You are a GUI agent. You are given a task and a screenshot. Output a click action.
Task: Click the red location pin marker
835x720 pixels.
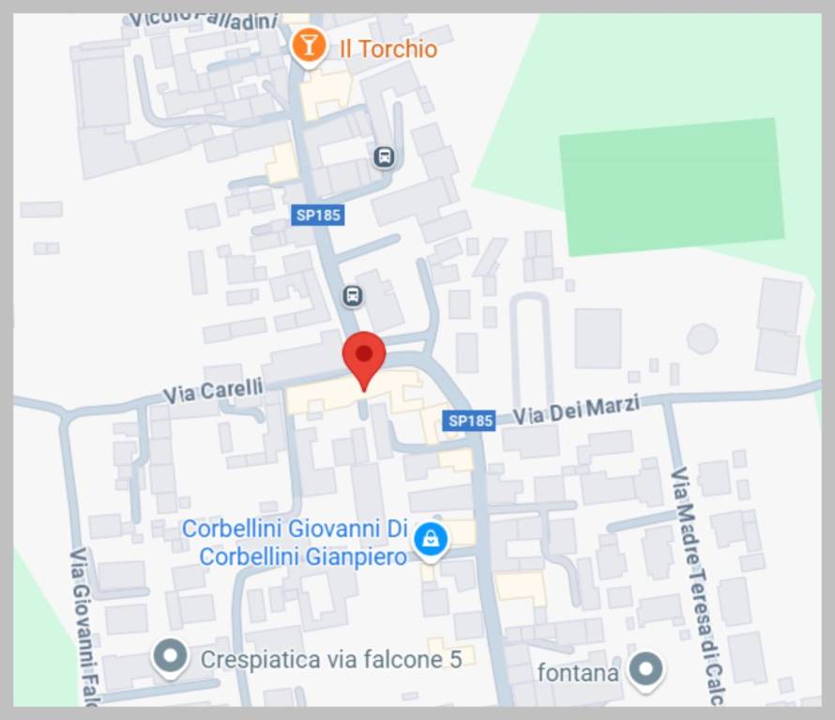(x=364, y=356)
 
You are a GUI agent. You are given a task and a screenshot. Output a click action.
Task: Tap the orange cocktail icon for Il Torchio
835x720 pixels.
(x=308, y=45)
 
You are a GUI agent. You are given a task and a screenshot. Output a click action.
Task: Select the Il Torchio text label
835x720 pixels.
(x=388, y=49)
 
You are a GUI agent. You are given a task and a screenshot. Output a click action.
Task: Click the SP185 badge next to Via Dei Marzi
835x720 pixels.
(x=470, y=421)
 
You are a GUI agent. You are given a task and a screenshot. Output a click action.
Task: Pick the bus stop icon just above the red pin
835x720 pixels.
(x=352, y=296)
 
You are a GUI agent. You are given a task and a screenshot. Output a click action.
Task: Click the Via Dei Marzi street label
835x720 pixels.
(x=576, y=411)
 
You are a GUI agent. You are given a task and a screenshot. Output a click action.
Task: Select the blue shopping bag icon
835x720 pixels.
(x=430, y=538)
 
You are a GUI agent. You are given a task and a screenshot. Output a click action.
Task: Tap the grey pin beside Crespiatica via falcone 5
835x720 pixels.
(x=170, y=658)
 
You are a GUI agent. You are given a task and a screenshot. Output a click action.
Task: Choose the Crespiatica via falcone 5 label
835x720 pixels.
(x=331, y=659)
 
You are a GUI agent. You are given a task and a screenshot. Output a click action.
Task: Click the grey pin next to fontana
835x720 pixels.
(x=645, y=670)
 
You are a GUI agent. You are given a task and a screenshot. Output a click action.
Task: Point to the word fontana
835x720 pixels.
(x=578, y=672)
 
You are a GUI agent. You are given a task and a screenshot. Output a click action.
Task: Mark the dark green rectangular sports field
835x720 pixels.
(x=672, y=187)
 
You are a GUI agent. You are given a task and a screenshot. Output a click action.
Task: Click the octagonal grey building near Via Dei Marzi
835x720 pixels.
(x=702, y=338)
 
